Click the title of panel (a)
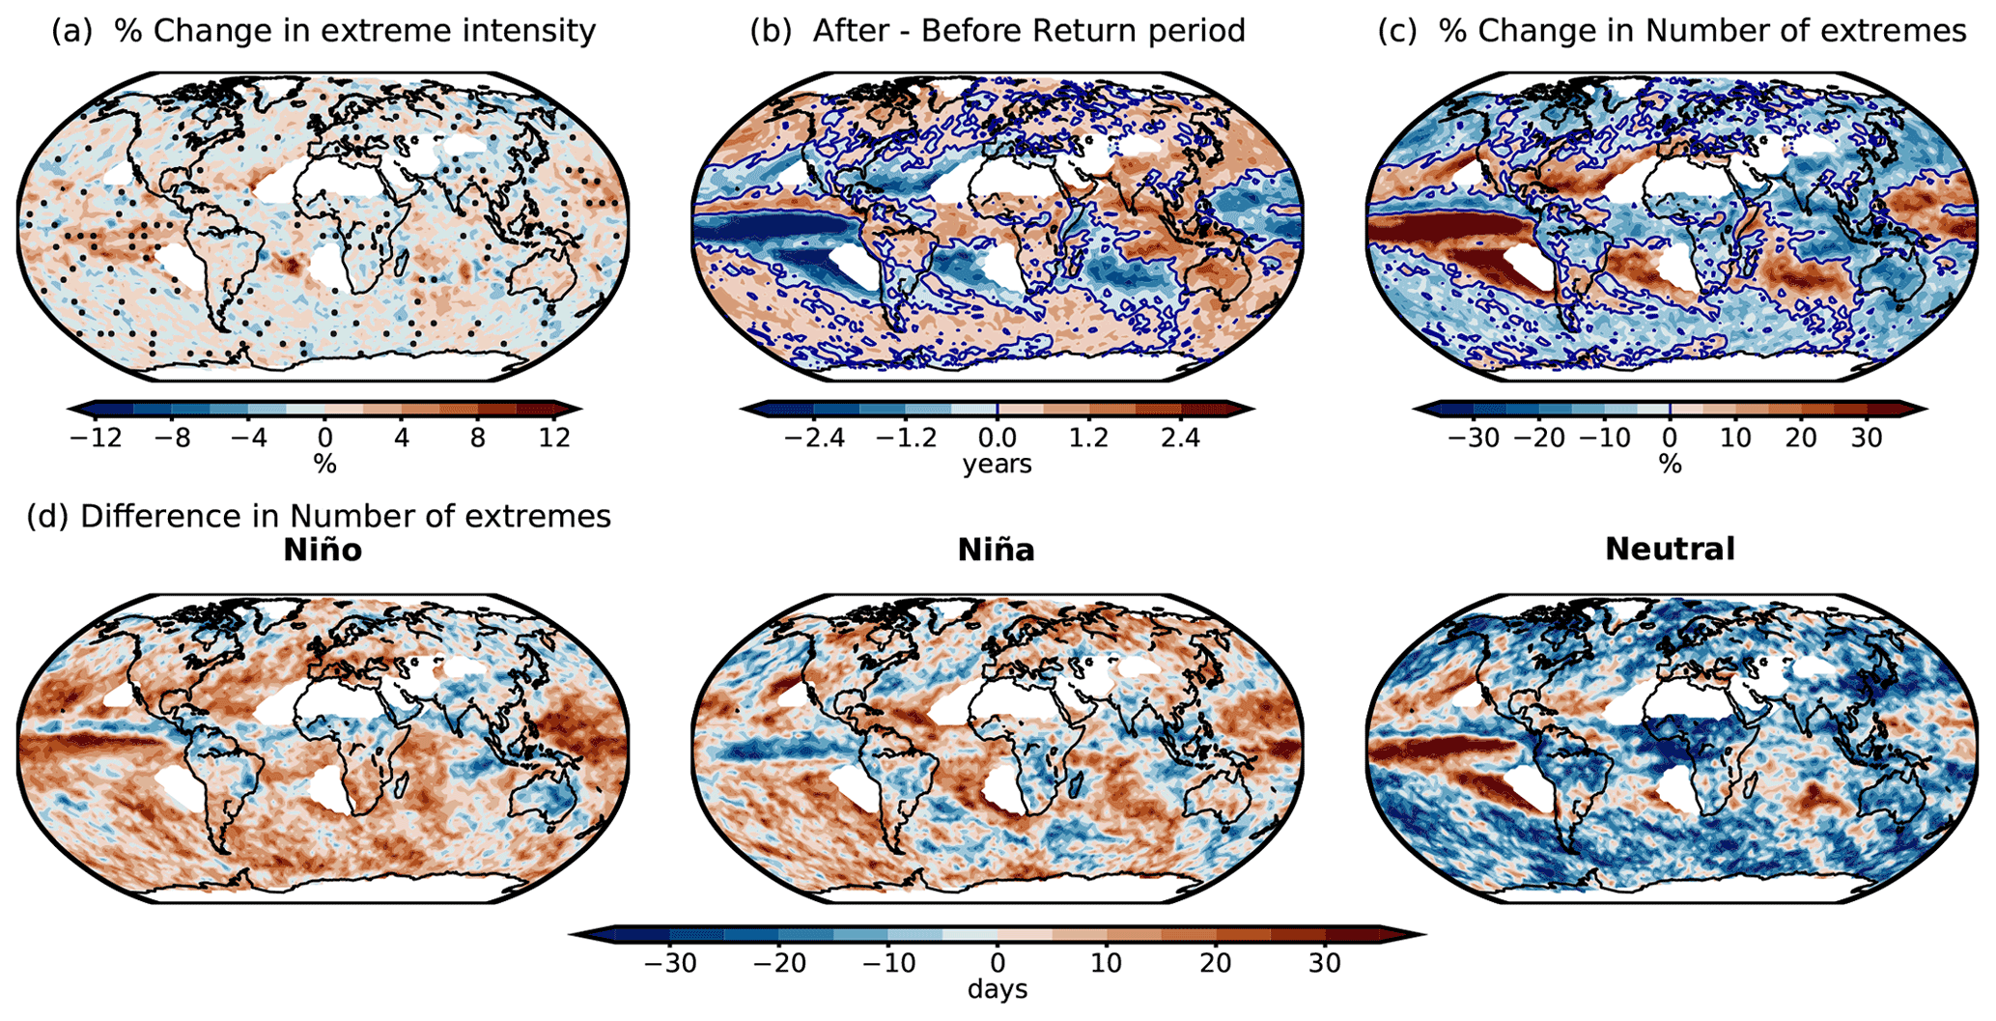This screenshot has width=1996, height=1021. click(323, 31)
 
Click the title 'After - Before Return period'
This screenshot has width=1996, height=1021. click(998, 31)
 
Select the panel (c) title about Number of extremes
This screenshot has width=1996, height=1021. click(1672, 31)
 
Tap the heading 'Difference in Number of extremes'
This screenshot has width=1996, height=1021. click(319, 516)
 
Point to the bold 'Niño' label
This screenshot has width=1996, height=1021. click(323, 550)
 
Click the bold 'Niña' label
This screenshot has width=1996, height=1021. click(996, 550)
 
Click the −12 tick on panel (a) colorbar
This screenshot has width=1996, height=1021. click(96, 439)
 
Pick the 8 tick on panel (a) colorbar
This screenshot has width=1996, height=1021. click(478, 439)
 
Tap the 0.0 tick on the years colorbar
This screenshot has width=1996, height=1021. click(998, 439)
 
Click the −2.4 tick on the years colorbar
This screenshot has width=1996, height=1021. click(813, 439)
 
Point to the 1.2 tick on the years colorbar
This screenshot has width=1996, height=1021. click(1088, 439)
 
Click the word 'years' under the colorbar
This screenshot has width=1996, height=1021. click(998, 465)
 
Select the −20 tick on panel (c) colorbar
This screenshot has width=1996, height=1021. click(1539, 439)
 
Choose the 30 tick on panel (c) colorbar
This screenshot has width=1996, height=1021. click(1867, 439)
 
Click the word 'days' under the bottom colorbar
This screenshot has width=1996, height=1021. click(998, 990)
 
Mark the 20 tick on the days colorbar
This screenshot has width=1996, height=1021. click(1216, 963)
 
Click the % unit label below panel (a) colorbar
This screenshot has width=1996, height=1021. click(324, 465)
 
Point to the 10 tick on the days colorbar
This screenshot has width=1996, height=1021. click(1107, 963)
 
